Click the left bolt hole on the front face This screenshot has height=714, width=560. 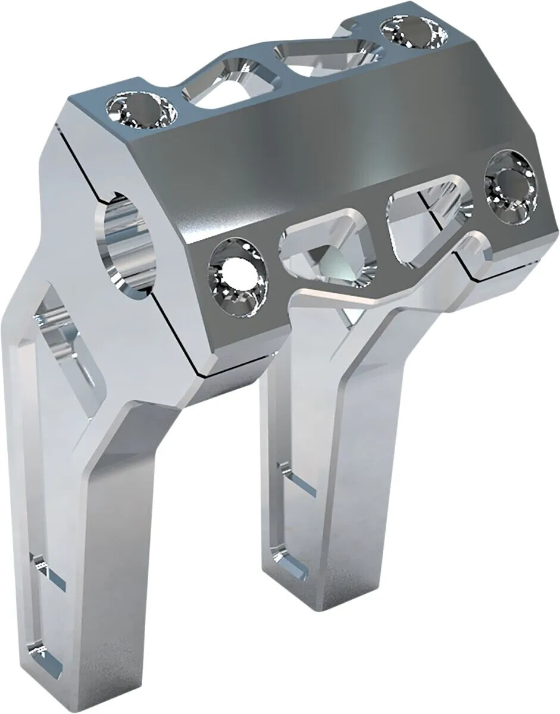pyautogui.click(x=236, y=275)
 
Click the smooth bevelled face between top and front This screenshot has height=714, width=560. pyautogui.click(x=333, y=143)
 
